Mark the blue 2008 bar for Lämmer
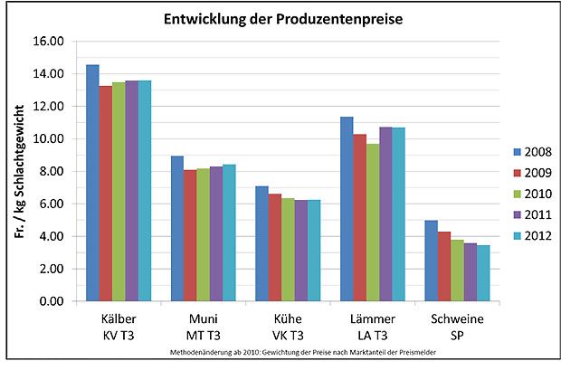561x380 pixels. click(x=347, y=209)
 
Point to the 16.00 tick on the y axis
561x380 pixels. click(x=48, y=42)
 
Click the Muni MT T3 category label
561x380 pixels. click(x=204, y=327)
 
